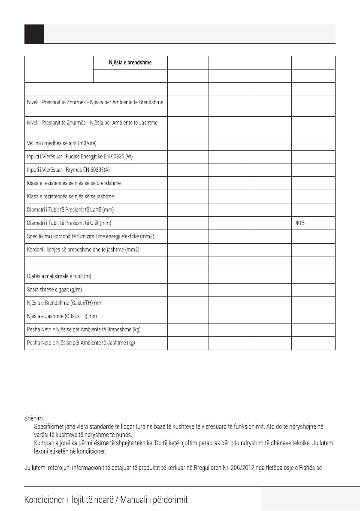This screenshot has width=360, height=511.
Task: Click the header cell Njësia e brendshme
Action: (x=130, y=63)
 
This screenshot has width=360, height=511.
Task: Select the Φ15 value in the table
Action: (x=299, y=223)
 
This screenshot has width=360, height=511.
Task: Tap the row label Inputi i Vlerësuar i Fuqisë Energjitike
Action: (x=80, y=157)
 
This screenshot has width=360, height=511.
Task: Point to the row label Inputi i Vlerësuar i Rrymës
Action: (x=68, y=170)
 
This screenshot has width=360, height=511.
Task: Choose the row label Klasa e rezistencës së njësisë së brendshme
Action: (x=74, y=183)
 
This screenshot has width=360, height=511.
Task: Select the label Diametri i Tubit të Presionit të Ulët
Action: (x=69, y=223)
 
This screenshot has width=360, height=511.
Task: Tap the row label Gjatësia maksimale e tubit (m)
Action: (x=59, y=276)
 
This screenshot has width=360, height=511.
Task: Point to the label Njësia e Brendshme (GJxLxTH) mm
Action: (x=65, y=303)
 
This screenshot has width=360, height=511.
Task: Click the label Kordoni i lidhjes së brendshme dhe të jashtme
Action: (x=83, y=250)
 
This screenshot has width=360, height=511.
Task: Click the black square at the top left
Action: (x=34, y=34)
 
